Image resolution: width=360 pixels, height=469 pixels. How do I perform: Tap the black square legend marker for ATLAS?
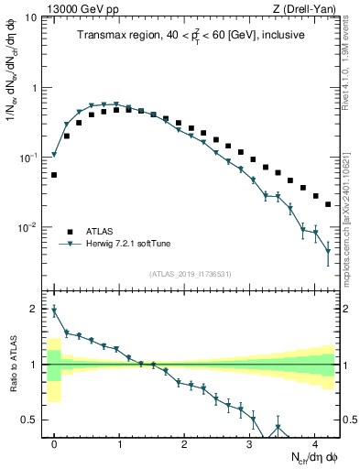(69, 231)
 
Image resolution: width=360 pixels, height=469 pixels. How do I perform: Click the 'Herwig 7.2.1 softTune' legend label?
(126, 244)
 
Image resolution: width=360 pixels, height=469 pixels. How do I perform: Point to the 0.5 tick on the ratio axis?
(32, 420)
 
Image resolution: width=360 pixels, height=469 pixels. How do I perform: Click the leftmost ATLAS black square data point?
(54, 174)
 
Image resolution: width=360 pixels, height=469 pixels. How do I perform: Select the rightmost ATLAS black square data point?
(328, 204)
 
